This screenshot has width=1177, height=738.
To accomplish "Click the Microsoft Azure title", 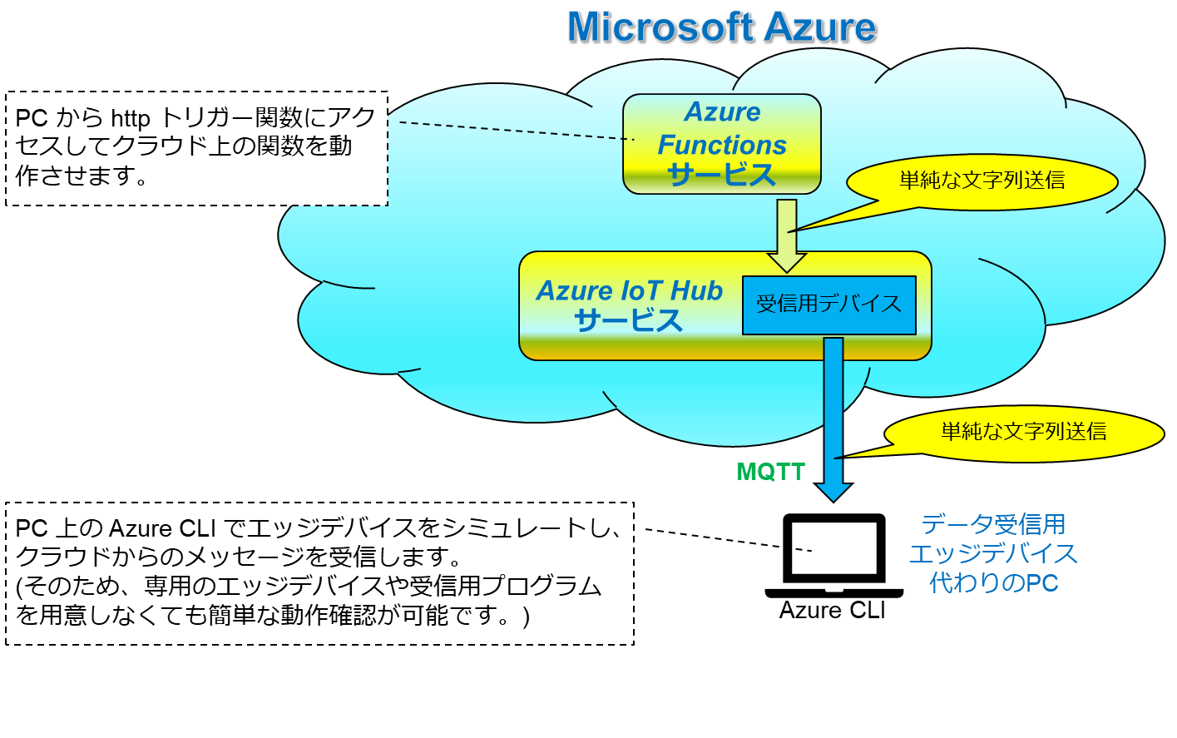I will click(721, 27).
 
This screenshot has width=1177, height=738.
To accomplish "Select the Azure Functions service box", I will click(721, 143).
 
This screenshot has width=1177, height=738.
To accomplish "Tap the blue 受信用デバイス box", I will click(828, 305).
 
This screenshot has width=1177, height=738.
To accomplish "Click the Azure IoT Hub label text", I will click(629, 291).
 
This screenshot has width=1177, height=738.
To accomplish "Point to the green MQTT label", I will click(770, 472).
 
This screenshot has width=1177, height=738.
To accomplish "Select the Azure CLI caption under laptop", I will click(832, 611).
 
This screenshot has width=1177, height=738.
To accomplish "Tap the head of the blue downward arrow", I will click(833, 492).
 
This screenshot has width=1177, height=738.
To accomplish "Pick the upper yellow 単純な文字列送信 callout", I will click(982, 181).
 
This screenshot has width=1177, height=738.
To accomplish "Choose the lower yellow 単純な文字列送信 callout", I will click(1023, 432).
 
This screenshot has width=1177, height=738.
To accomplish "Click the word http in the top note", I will click(130, 119).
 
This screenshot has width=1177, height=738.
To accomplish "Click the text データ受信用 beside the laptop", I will click(993, 524).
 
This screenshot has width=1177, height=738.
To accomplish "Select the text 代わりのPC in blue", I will click(993, 582).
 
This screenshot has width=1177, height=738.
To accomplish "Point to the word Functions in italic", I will click(721, 145).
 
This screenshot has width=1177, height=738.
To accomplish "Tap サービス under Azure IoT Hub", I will click(628, 320).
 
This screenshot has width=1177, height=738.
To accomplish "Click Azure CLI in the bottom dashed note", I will click(161, 529).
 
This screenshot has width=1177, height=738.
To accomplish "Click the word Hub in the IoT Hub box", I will click(696, 291).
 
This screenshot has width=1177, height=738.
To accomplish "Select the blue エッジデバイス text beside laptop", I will click(993, 553).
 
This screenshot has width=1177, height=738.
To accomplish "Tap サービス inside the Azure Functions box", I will click(721, 175).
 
